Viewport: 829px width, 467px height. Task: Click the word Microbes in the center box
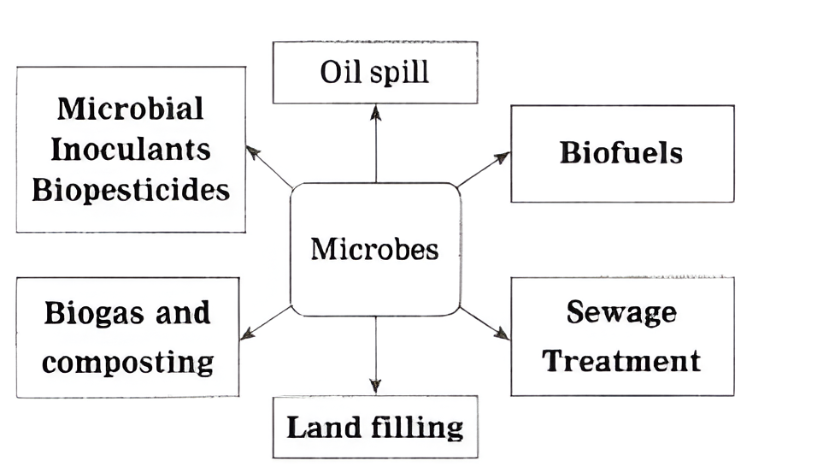(374, 249)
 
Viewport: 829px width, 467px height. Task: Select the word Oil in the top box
(335, 72)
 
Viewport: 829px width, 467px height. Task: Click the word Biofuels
(621, 153)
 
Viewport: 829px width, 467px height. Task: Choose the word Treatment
(621, 360)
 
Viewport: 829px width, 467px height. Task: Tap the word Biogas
(88, 313)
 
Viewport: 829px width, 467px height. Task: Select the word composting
(127, 362)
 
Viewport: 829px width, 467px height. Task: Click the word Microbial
(130, 109)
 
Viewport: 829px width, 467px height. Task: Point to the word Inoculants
(130, 149)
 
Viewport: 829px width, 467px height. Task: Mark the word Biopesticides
(131, 190)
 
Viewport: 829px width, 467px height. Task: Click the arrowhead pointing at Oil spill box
(375, 110)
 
